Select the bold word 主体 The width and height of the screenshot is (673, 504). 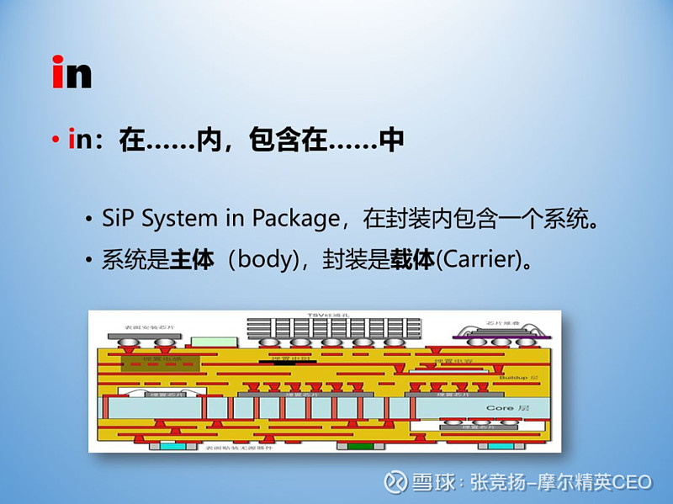(x=193, y=259)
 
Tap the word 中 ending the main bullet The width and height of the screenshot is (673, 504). (x=392, y=140)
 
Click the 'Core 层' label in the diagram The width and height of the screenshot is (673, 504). (x=507, y=407)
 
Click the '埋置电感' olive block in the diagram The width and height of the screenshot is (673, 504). (x=161, y=362)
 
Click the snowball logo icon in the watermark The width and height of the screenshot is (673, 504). (x=395, y=482)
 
